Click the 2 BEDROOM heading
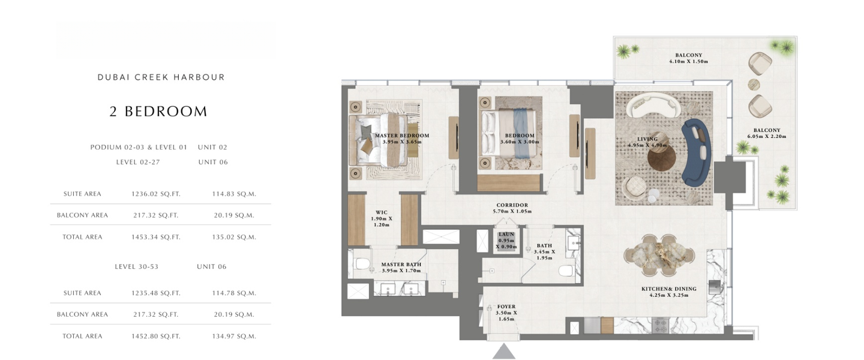pyautogui.click(x=158, y=112)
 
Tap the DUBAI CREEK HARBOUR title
pyautogui.click(x=161, y=77)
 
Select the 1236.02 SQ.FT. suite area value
pyautogui.click(x=156, y=194)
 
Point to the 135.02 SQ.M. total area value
pyautogui.click(x=234, y=237)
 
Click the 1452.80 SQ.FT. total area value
pyautogui.click(x=156, y=336)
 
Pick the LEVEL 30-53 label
pyautogui.click(x=137, y=266)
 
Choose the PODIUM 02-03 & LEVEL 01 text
pyautogui.click(x=139, y=147)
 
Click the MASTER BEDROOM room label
pyautogui.click(x=402, y=136)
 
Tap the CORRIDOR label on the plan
pyautogui.click(x=512, y=205)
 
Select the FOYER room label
pyautogui.click(x=506, y=307)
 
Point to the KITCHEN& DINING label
pyautogui.click(x=669, y=289)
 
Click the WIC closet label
pyautogui.click(x=382, y=212)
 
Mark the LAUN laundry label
pyautogui.click(x=506, y=234)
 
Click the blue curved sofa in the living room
pyautogui.click(x=697, y=153)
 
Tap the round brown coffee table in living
pyautogui.click(x=661, y=157)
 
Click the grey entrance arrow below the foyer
pyautogui.click(x=504, y=352)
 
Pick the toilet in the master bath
pyautogui.click(x=362, y=263)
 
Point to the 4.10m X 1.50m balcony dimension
pyautogui.click(x=689, y=61)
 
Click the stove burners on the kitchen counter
pyautogui.click(x=661, y=326)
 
